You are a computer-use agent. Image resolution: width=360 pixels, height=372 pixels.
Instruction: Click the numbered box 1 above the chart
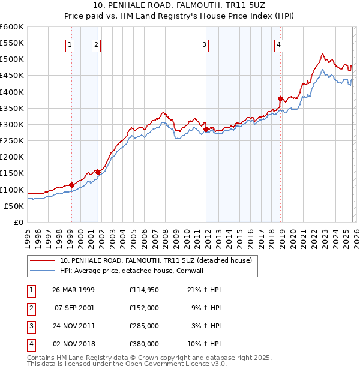tap(70, 43)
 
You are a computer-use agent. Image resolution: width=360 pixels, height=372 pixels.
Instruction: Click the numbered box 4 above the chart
tap(279, 43)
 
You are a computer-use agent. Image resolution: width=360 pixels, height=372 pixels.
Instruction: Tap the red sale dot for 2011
tap(206, 129)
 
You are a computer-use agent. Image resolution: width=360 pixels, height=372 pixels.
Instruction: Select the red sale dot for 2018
tap(280, 98)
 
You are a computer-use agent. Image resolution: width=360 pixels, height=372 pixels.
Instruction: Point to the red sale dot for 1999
tap(71, 185)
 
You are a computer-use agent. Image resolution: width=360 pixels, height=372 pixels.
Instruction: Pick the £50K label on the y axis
tap(14, 206)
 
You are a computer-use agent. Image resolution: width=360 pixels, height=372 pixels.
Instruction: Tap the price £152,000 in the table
tap(144, 308)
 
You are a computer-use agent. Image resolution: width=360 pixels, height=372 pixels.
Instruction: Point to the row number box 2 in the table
tap(31, 308)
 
